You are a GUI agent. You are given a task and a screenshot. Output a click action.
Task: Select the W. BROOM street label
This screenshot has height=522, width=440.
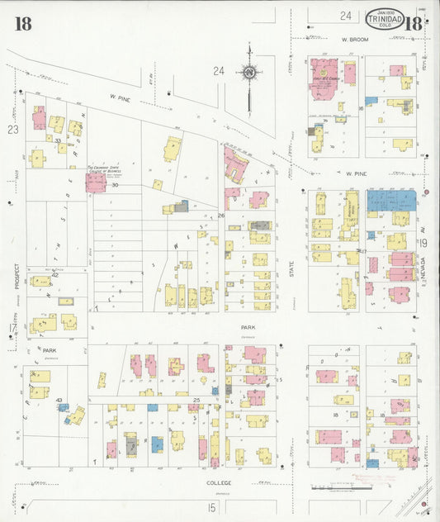pyautogui.click(x=353, y=39)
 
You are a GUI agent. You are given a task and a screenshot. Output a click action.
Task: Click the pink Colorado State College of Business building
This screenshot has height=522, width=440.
pyautogui.click(x=96, y=183)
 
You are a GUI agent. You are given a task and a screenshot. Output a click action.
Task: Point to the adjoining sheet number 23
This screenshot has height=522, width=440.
pyautogui.click(x=12, y=130)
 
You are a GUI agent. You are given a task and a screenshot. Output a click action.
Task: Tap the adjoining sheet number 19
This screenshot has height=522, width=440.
pyautogui.click(x=423, y=243)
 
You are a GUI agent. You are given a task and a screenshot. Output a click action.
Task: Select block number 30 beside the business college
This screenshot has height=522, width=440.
pyautogui.click(x=116, y=185)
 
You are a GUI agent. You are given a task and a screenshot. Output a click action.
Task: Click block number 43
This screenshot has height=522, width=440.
pyautogui.click(x=59, y=400)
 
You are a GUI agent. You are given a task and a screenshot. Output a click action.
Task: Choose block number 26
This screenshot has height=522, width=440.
pyautogui.click(x=220, y=216)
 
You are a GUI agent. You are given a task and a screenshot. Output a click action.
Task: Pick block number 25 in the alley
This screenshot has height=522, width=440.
pyautogui.click(x=196, y=401)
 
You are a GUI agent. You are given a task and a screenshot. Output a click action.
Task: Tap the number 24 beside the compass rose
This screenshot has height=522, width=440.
pyautogui.click(x=218, y=71)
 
